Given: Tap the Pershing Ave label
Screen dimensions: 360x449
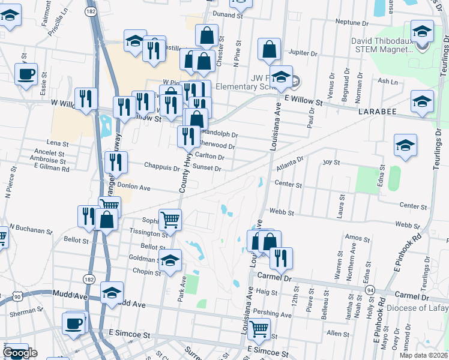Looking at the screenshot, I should tap(272, 313).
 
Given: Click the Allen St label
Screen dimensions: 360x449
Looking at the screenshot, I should tap(337, 333).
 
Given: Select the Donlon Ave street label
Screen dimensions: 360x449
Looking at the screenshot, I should tap(134, 187).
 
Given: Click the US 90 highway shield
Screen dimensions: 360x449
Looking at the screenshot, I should tap(19, 296).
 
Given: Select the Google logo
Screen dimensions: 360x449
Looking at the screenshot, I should tap(20, 353).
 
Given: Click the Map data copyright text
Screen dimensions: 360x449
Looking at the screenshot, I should tap(423, 355).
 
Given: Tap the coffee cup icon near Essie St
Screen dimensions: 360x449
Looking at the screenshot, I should tap(26, 74).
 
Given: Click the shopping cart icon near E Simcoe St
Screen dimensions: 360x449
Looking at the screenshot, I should tap(259, 328).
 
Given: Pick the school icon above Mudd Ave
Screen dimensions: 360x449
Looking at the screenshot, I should tap(111, 293).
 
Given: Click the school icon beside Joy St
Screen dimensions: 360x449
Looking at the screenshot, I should tap(405, 146).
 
